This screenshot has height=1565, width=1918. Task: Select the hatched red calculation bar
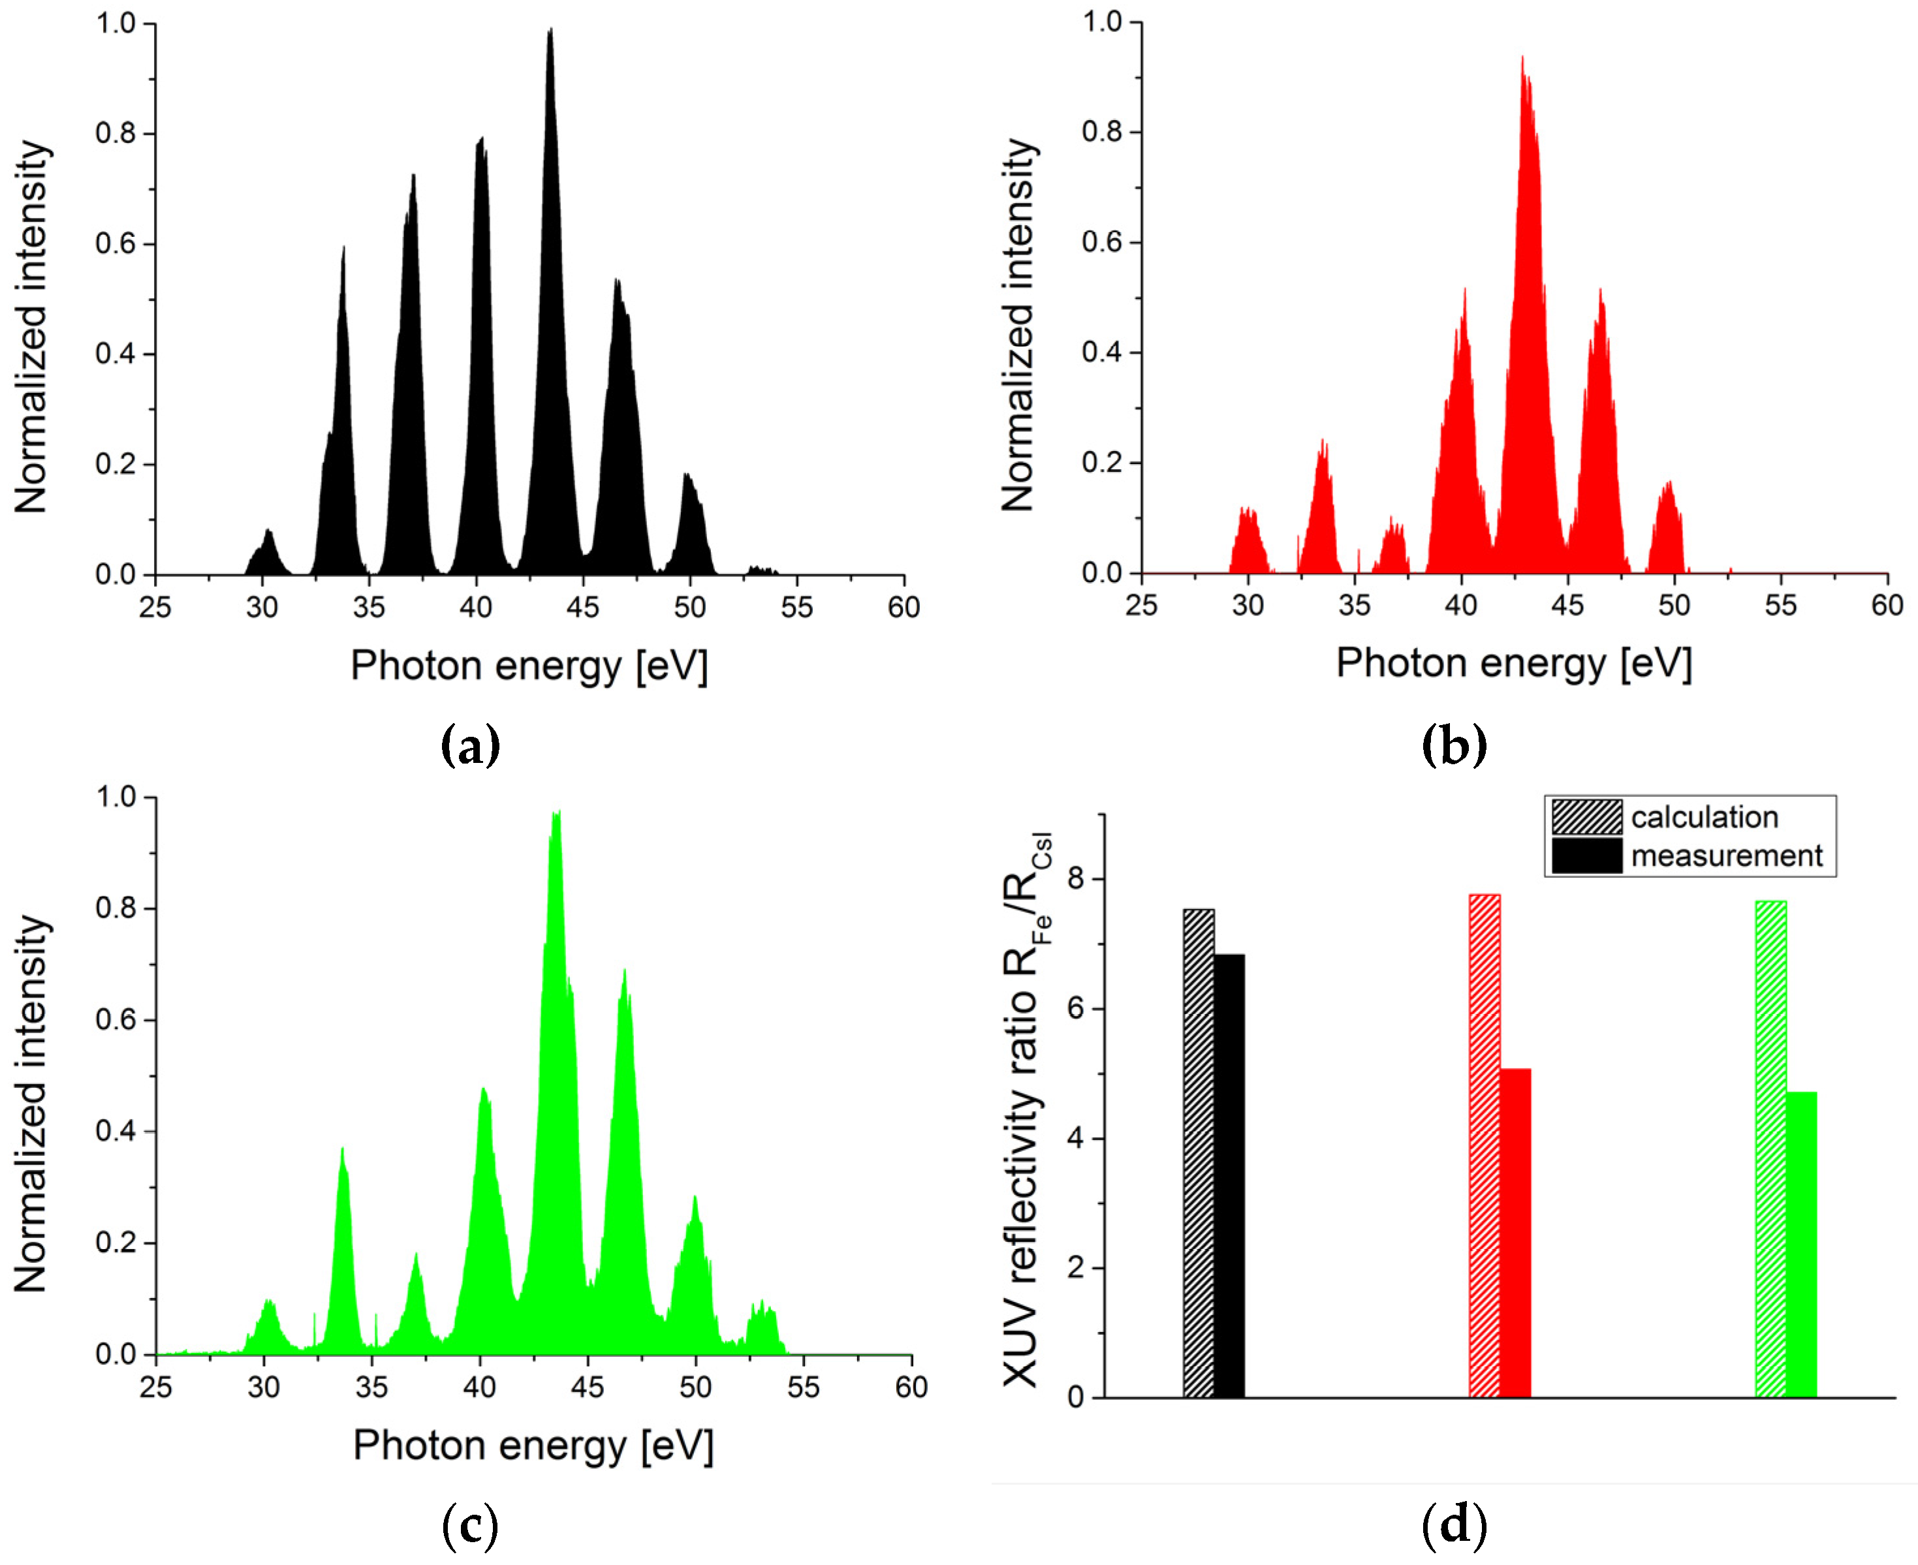(x=1485, y=1145)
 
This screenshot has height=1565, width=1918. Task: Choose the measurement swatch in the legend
(x=1586, y=856)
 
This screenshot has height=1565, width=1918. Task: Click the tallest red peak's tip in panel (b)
(x=1522, y=59)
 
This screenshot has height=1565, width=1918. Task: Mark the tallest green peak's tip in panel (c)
(x=556, y=814)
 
